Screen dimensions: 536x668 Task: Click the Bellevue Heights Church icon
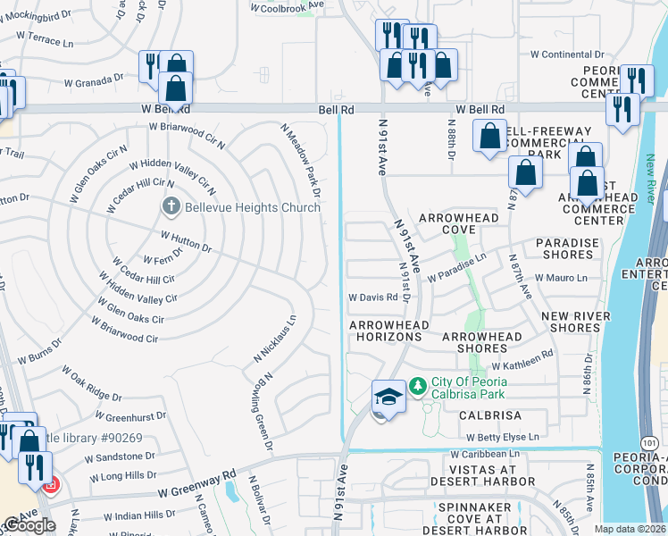coord(171,207)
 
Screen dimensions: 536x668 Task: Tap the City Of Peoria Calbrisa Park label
coord(469,388)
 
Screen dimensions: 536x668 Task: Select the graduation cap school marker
coord(388,397)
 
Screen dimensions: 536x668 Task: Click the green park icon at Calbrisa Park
coord(418,387)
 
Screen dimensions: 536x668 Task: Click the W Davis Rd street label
coord(372,297)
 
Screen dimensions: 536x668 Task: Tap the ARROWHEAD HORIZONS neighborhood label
coord(385,331)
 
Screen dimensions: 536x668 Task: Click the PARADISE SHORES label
coord(564,248)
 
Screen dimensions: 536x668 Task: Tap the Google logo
coord(29,525)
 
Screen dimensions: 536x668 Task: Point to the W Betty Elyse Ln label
coord(501,437)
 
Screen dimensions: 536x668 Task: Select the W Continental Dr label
coord(567,54)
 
